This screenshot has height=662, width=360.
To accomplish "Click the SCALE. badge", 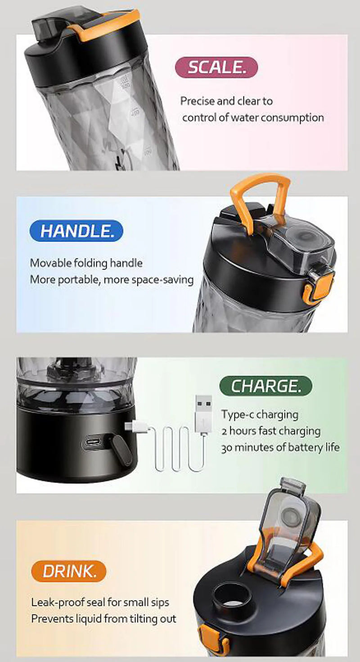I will [x=216, y=68].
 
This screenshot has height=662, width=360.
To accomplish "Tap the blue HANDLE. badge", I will [x=76, y=231].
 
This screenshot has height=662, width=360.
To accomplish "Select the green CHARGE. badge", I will [x=265, y=386].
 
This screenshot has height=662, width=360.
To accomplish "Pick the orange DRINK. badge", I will [x=69, y=572].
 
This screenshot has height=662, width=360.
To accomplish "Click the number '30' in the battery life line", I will [x=226, y=448].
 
